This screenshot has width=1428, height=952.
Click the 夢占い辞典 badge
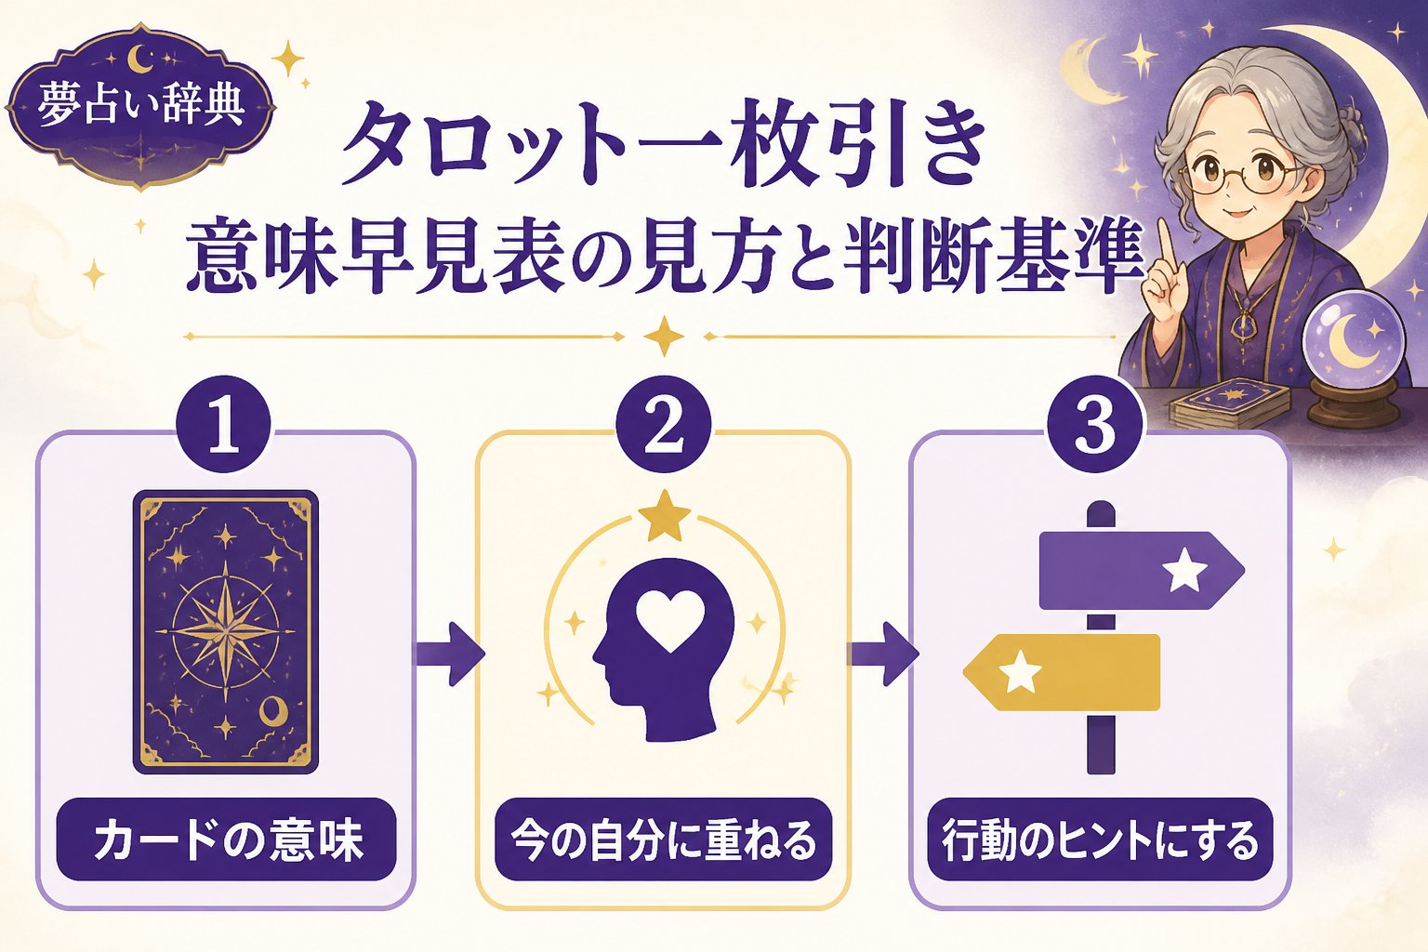click(x=140, y=107)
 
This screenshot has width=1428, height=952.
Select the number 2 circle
click(x=664, y=425)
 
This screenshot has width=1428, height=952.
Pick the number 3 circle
click(x=1094, y=425)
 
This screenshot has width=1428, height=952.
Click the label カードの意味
click(x=226, y=840)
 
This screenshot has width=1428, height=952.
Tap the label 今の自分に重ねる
click(x=664, y=840)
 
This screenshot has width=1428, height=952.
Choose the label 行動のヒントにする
click(x=1101, y=840)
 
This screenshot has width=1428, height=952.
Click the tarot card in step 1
click(x=226, y=632)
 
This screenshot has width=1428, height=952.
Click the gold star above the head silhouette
click(x=665, y=515)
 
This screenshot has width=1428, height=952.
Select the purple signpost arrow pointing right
click(x=1141, y=570)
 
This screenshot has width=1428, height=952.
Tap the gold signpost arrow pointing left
click(x=1061, y=672)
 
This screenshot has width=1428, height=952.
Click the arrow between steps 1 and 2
click(x=450, y=654)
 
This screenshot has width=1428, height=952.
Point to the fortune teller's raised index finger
click(x=1165, y=243)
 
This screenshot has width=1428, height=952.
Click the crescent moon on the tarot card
click(x=273, y=709)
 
